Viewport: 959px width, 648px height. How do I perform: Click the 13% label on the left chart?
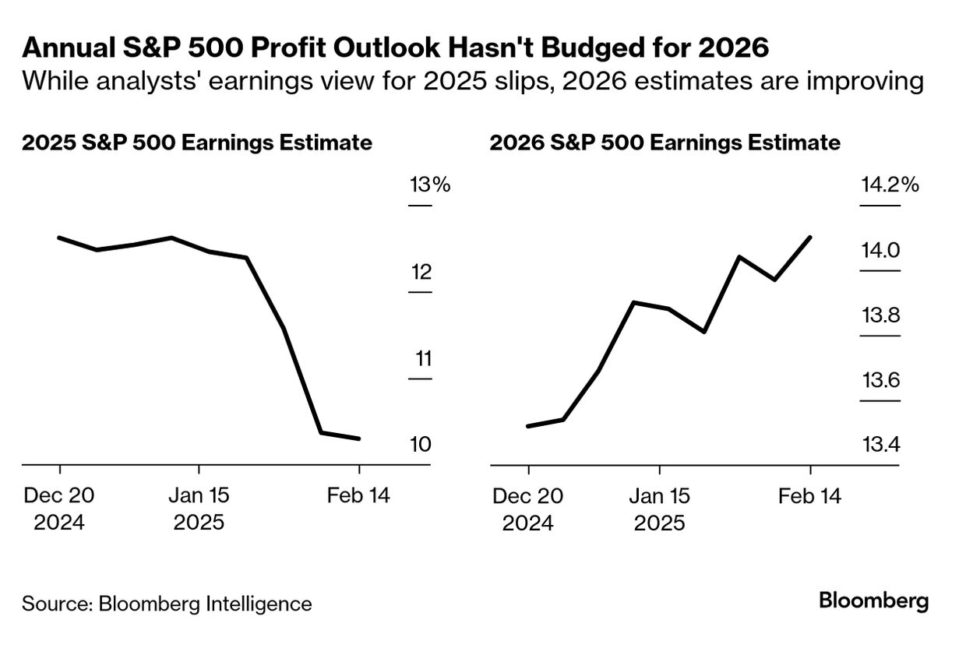(430, 185)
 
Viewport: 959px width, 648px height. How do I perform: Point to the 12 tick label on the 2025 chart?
(421, 273)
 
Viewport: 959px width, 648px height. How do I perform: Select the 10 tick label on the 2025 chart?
(421, 445)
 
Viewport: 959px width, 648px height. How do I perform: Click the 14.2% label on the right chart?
(890, 185)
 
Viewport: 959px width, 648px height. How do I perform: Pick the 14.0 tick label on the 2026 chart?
(880, 251)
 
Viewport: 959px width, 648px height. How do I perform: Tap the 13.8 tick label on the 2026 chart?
(880, 316)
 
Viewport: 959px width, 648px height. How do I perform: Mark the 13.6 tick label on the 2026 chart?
(880, 381)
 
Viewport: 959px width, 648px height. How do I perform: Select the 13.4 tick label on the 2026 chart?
(880, 445)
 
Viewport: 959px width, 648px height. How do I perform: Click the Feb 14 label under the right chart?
(810, 495)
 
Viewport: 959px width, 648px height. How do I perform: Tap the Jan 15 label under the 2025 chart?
(199, 495)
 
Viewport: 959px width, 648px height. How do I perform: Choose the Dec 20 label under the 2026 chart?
(528, 495)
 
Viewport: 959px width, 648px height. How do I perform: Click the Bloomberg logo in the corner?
(874, 601)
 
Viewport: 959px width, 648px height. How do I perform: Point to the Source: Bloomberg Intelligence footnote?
(167, 604)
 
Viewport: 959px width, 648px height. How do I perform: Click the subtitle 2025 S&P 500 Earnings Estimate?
(197, 143)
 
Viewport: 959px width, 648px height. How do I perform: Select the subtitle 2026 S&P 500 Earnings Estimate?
(665, 143)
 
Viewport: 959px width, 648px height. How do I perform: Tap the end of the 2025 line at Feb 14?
(359, 439)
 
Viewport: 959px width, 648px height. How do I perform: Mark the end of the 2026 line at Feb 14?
(811, 237)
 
